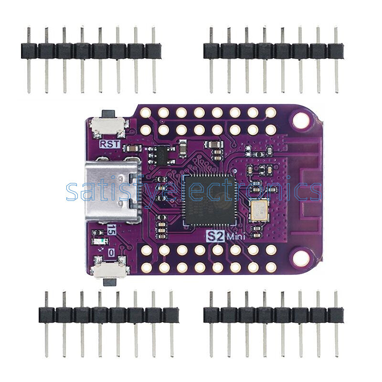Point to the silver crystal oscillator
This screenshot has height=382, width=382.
click(258, 210)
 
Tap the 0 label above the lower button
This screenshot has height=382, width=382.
click(112, 252)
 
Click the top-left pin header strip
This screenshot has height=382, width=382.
click(91, 50)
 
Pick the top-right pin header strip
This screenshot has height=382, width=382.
click(273, 50)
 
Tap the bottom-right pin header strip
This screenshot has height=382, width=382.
click(273, 315)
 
